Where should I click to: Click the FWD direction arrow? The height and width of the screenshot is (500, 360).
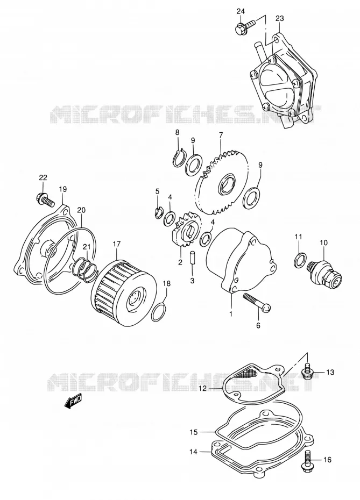point(73,400)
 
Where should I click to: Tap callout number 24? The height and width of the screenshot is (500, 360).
point(241,11)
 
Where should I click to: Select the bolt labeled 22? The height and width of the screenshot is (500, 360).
point(45,200)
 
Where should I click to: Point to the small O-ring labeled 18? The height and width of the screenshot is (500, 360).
point(159,311)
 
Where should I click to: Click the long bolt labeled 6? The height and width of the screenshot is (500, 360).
point(257,301)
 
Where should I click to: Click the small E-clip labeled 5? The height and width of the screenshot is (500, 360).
point(158,213)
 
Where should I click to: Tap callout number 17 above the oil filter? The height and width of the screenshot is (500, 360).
point(117,244)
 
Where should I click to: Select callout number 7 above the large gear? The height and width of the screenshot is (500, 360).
point(221,135)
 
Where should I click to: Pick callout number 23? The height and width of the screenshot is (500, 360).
point(279,18)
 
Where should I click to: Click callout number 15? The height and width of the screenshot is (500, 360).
point(194,432)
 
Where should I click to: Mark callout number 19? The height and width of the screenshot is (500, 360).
point(62,189)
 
